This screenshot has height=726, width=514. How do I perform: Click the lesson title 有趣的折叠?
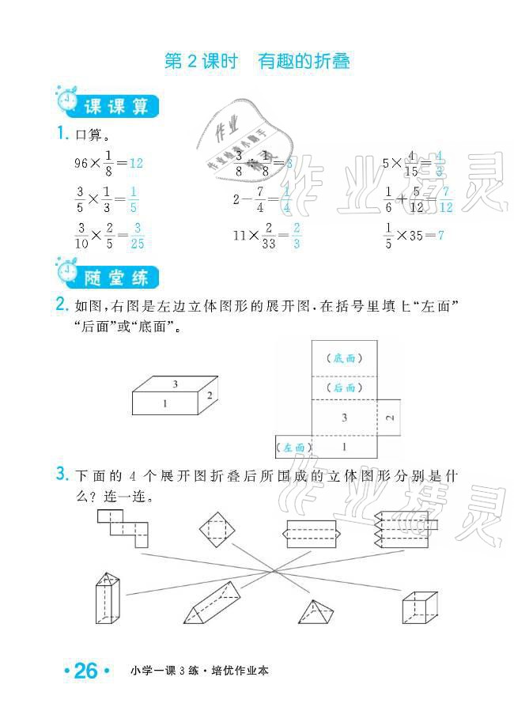point(304,62)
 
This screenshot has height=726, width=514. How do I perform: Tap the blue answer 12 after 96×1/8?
point(135,163)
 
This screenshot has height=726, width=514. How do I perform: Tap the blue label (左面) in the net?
point(294,448)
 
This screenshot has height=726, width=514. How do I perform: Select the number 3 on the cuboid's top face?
point(175,384)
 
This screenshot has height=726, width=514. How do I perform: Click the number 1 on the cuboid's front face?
point(165,404)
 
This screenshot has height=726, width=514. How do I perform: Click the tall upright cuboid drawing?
point(107,603)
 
